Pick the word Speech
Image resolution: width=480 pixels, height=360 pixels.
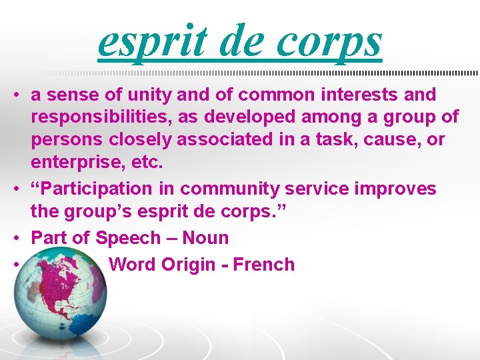[x=127, y=239]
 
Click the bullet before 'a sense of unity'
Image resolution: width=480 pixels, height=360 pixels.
[x=15, y=95]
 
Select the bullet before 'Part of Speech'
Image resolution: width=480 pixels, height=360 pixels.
[x=15, y=239]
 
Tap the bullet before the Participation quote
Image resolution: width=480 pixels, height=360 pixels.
[x=15, y=189]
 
